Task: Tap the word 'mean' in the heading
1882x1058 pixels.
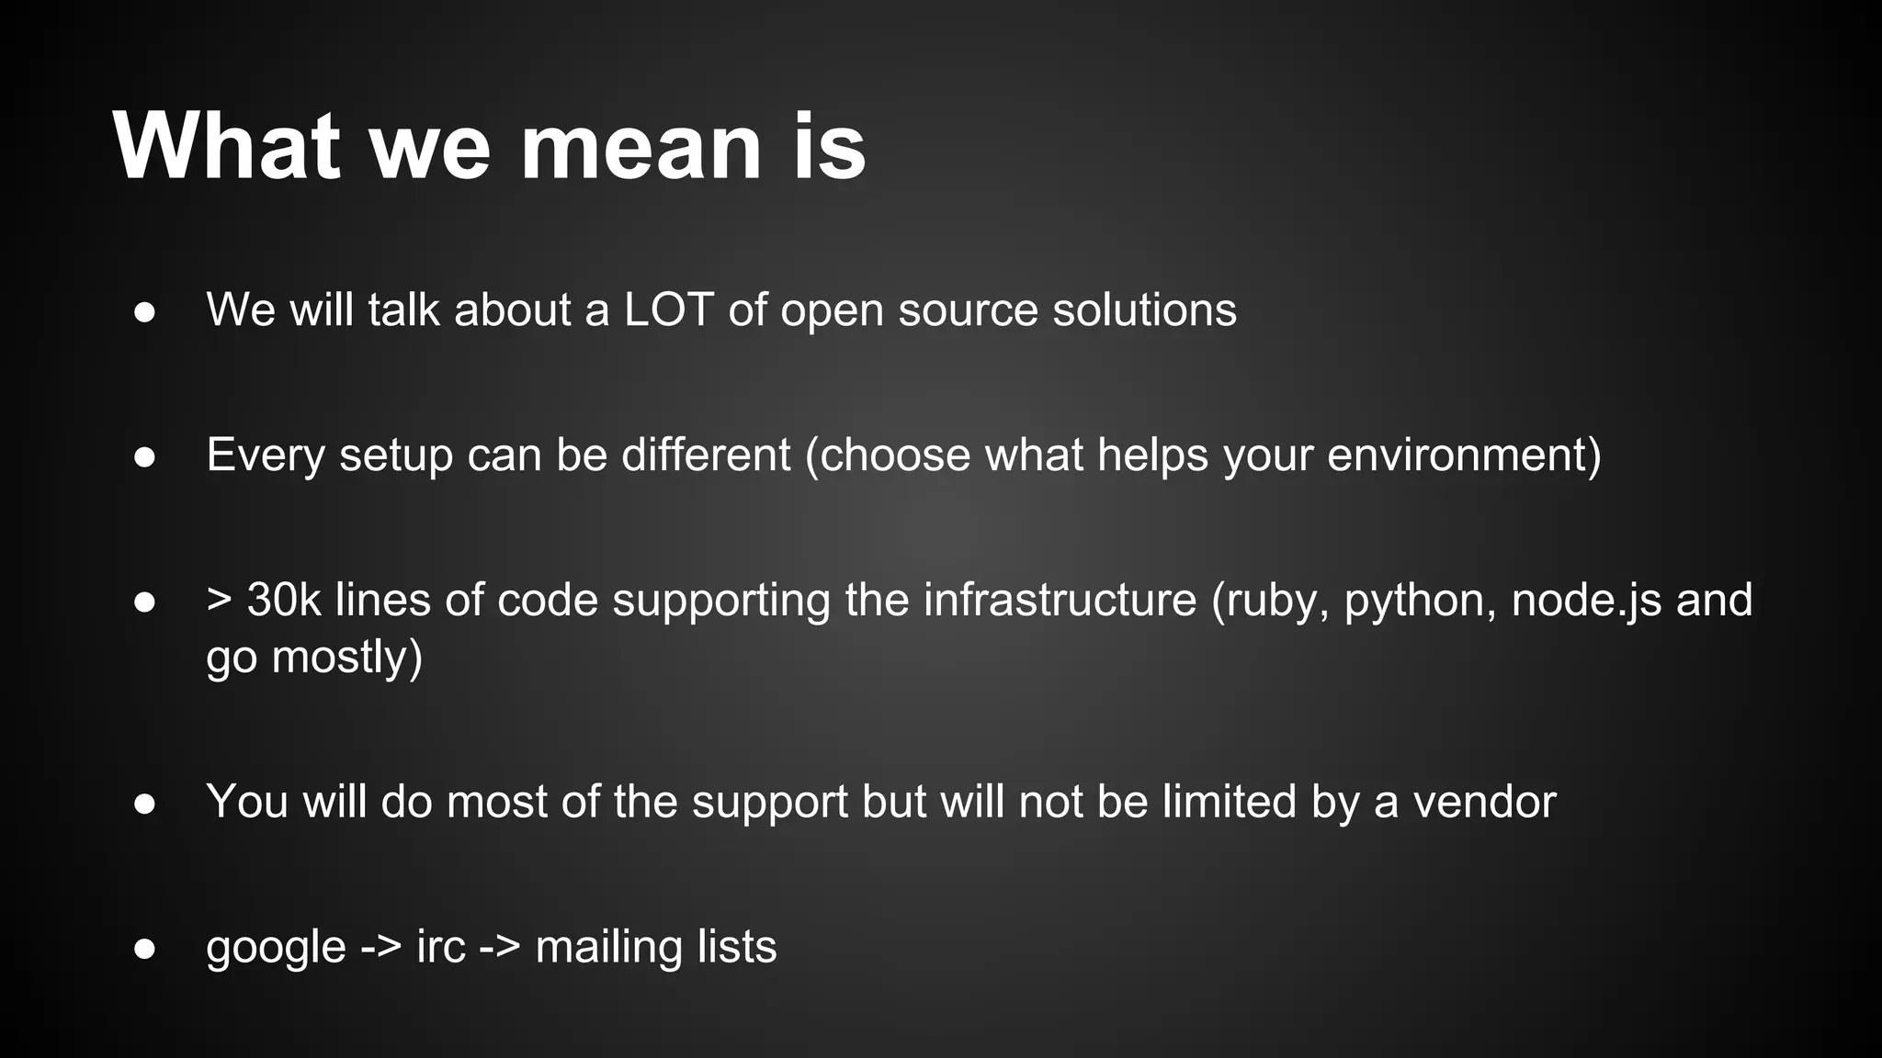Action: click(641, 147)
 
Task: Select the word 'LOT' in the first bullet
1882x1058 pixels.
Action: click(669, 310)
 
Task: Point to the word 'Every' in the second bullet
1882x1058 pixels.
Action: click(266, 456)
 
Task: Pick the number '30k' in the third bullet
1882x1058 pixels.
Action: click(284, 601)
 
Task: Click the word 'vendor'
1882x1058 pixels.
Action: click(1484, 802)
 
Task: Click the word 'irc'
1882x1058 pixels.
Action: click(440, 947)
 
